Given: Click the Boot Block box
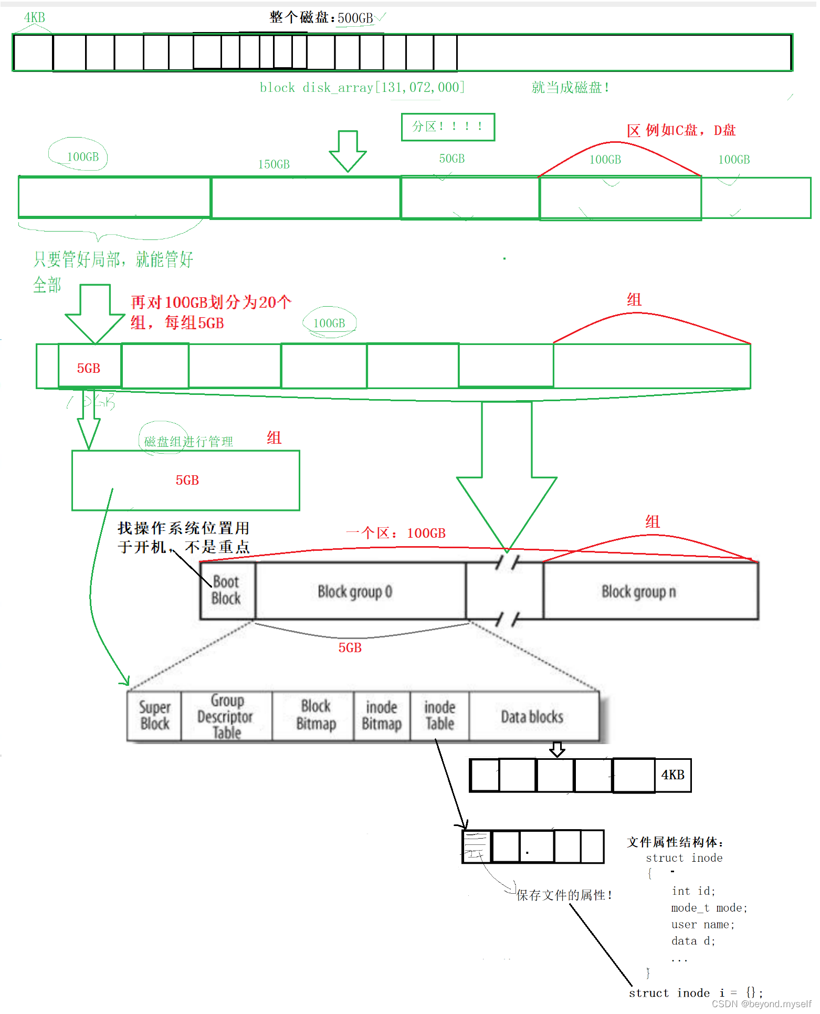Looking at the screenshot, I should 227,590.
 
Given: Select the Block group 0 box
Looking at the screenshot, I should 355,592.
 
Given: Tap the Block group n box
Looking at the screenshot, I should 639,592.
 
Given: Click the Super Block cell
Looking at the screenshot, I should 155,716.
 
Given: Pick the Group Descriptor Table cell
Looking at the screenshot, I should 226,716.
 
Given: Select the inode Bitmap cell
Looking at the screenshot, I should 382,716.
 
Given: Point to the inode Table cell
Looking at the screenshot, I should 439,716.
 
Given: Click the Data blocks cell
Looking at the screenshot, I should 532,717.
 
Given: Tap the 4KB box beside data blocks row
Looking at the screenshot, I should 673,775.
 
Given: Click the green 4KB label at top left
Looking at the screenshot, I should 35,18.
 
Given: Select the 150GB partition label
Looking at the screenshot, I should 274,164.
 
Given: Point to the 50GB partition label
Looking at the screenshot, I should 452,159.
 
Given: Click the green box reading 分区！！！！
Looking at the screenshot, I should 448,127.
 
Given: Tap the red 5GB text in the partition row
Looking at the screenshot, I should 89,368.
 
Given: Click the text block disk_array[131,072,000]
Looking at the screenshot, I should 362,87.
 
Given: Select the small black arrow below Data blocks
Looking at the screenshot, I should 557,749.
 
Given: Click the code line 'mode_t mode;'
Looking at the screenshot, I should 709,908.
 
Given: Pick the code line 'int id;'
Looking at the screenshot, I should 693,891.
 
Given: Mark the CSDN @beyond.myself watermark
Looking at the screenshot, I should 761,1004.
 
